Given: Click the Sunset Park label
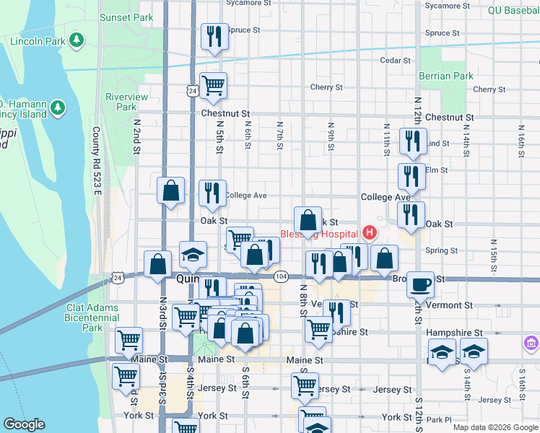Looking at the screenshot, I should click(x=126, y=17).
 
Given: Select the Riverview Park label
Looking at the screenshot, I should click(x=126, y=102).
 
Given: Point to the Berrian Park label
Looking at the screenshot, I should click(x=446, y=76).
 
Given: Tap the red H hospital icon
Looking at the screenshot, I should click(x=370, y=233).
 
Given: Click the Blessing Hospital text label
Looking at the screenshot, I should click(x=319, y=234).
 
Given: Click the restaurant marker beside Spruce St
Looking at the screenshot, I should click(x=214, y=37).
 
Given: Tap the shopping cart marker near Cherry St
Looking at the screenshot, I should click(x=213, y=86).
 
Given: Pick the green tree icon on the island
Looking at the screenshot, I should click(x=57, y=108).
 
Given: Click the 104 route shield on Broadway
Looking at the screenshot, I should click(x=282, y=277).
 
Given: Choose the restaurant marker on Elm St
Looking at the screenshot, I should click(x=411, y=176).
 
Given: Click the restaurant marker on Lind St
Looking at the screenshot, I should click(x=413, y=141).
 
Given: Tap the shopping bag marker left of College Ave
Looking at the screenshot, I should click(x=171, y=191).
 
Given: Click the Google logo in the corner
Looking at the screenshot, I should click(x=24, y=424).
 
